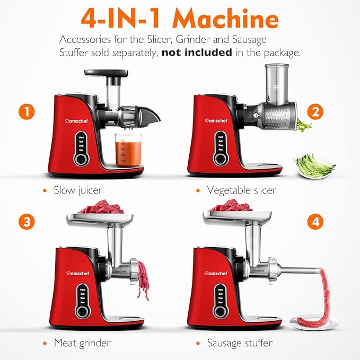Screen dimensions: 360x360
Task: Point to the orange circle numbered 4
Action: click(317, 221)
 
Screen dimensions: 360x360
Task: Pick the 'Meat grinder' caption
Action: click(82, 343)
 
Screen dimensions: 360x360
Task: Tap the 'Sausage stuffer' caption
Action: click(240, 343)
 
